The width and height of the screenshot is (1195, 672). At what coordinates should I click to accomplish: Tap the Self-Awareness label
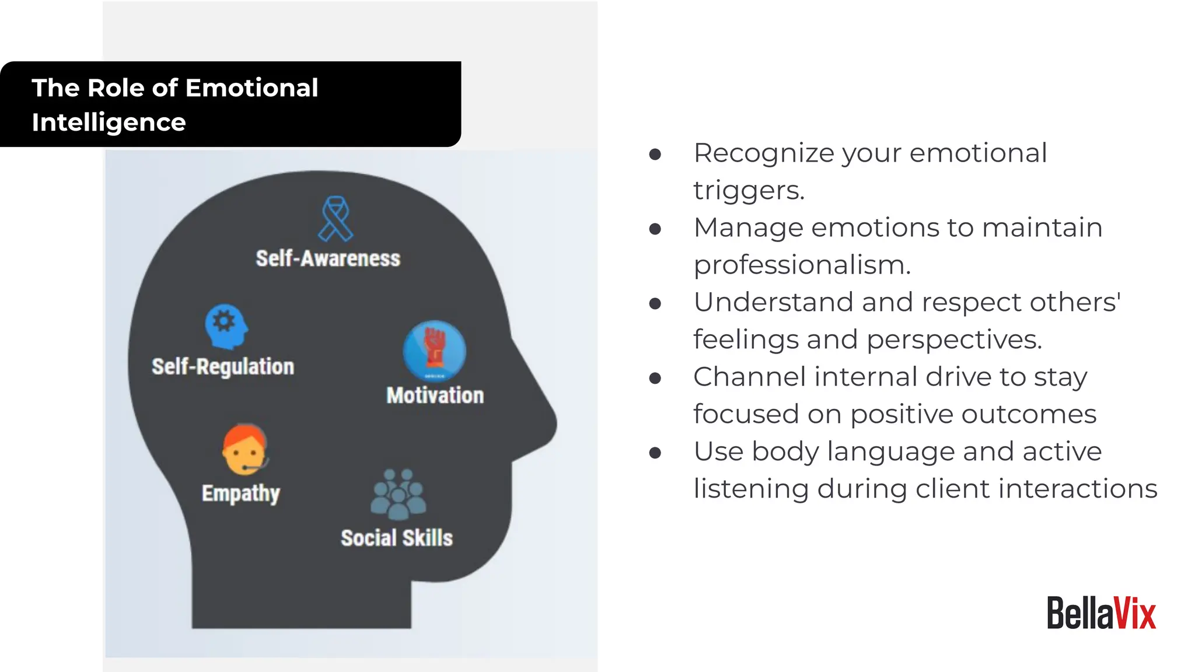click(x=328, y=258)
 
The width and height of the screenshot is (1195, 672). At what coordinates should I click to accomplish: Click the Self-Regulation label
click(x=223, y=367)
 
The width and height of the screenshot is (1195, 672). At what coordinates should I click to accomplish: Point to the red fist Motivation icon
click(x=434, y=350)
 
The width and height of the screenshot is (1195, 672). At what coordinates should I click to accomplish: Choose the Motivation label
click(x=435, y=395)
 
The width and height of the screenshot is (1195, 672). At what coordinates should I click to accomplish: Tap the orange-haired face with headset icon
click(x=244, y=450)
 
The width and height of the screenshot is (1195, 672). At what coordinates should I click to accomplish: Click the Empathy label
click(x=241, y=494)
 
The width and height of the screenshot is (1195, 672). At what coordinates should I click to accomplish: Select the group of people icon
click(x=398, y=495)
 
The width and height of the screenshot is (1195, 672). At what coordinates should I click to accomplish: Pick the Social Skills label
click(x=397, y=538)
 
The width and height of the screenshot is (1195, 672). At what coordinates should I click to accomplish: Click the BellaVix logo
click(x=1101, y=613)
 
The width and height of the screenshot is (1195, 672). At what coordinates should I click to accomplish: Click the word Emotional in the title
click(x=251, y=88)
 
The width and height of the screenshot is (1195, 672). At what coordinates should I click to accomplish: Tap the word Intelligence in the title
click(x=109, y=123)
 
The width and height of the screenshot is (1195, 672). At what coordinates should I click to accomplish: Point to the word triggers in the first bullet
click(x=749, y=191)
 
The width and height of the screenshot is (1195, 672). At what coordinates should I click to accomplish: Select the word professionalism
click(x=802, y=265)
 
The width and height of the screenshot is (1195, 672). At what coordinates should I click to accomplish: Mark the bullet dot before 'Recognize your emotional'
click(x=655, y=154)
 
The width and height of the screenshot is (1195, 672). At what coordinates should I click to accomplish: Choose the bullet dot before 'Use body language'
click(x=655, y=453)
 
